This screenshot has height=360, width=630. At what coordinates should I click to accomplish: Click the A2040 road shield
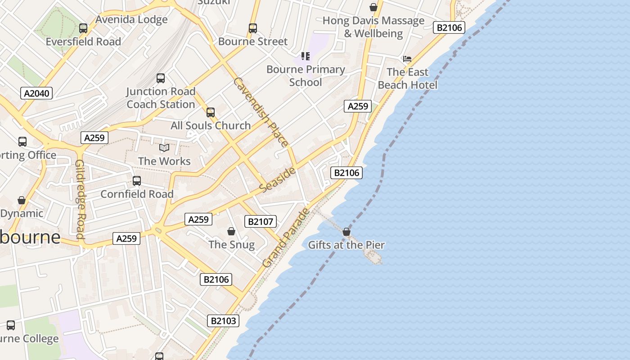tap(36, 93)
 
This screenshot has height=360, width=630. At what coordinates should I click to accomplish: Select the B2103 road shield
tap(223, 321)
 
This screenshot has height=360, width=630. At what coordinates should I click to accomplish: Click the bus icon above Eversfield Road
tap(83, 28)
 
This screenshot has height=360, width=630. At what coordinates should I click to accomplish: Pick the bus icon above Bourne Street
tap(253, 28)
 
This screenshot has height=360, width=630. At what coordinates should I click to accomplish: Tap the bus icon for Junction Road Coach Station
tap(161, 78)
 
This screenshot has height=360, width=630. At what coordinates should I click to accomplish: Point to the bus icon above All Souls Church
tap(211, 112)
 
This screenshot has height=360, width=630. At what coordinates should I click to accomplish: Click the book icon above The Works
tap(164, 148)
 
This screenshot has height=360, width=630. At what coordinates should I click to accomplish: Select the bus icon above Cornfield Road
tap(137, 181)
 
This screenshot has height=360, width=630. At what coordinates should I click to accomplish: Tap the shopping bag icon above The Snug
tap(231, 231)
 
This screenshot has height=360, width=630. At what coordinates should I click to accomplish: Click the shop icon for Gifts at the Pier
tap(346, 232)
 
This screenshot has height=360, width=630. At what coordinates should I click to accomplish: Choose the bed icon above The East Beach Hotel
tap(407, 59)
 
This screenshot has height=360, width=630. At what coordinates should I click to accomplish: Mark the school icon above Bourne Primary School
tap(306, 56)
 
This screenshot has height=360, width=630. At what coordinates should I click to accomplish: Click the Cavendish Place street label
tap(261, 112)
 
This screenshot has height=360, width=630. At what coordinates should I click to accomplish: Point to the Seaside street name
tap(278, 179)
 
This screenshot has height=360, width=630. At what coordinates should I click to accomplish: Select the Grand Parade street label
tap(286, 237)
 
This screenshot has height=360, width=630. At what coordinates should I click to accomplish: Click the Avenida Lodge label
tap(131, 19)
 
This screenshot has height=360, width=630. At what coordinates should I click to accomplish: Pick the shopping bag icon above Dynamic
tap(22, 200)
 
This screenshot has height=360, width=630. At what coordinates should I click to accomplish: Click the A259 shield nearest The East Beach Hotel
tap(358, 106)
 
